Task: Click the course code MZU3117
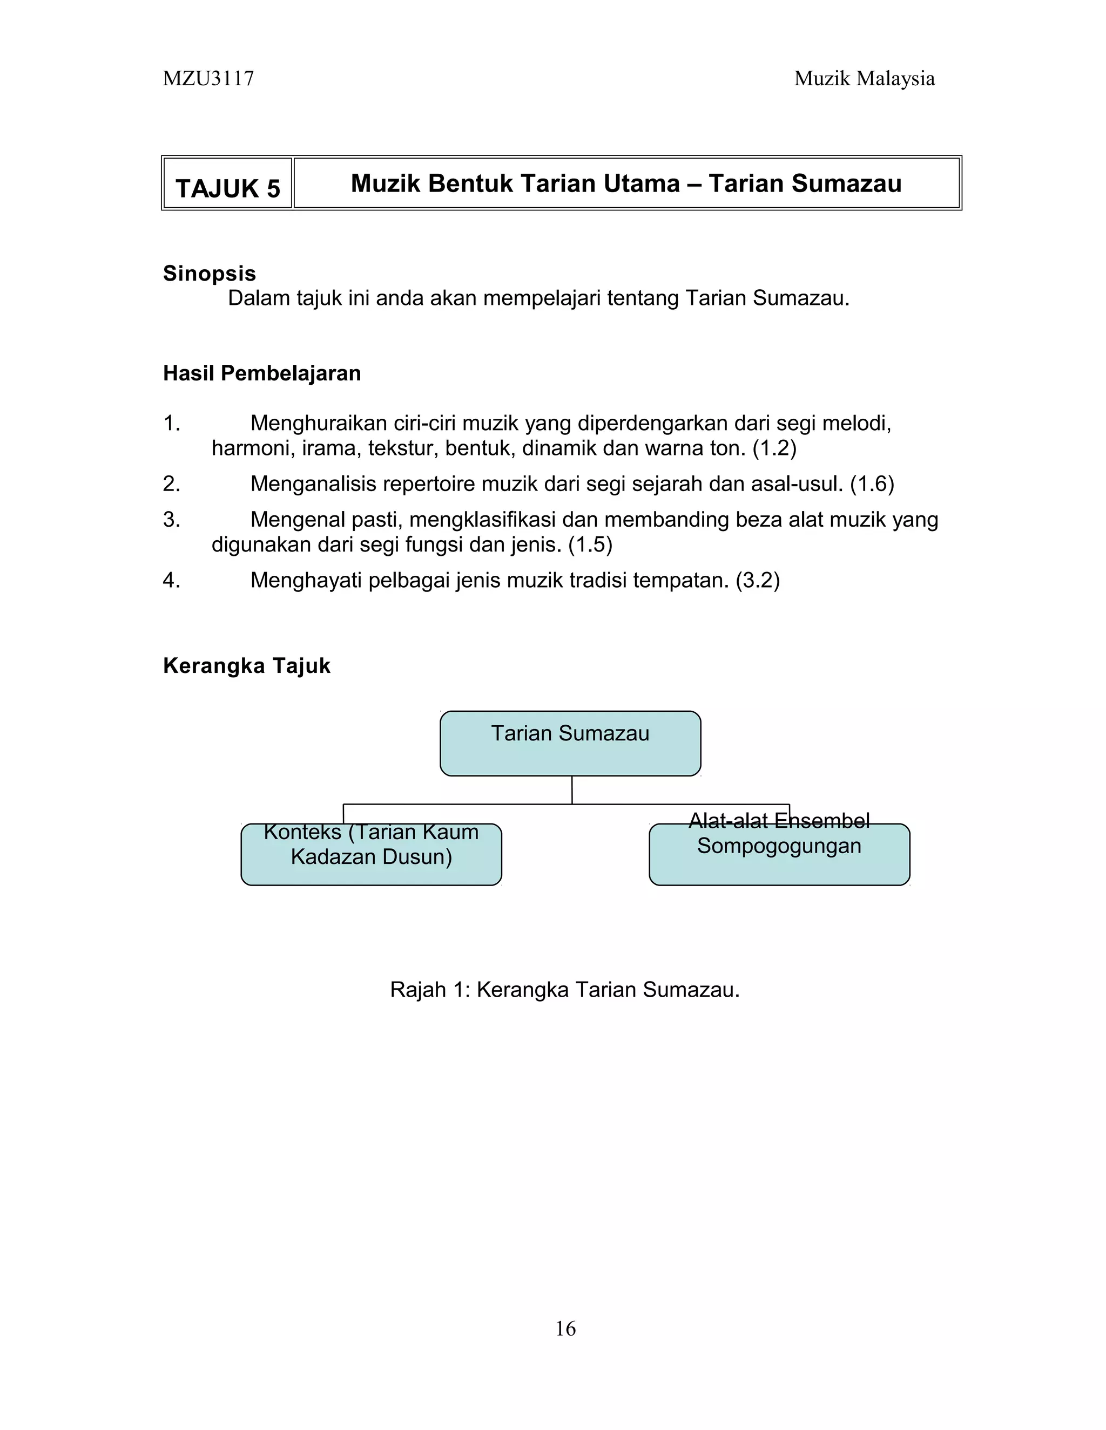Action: tap(208, 79)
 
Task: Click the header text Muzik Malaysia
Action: tap(864, 79)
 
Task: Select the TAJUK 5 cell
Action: tap(227, 188)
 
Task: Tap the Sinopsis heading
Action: tap(209, 273)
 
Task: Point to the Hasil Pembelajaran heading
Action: tap(261, 373)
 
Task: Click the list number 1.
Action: tap(171, 424)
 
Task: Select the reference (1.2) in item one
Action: tap(774, 448)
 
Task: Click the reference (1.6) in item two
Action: tap(872, 484)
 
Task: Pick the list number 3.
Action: tap(171, 519)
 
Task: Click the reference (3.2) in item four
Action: tap(758, 580)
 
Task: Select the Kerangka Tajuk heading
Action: tap(246, 666)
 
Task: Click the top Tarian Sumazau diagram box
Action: tap(570, 743)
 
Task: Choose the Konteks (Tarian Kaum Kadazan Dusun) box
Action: tap(371, 854)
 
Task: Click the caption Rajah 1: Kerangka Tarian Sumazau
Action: tap(565, 989)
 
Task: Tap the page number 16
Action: tap(565, 1329)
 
